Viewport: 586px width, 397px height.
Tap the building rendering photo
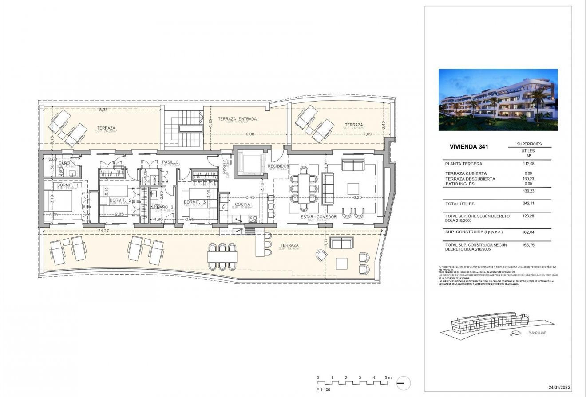tap(498, 99)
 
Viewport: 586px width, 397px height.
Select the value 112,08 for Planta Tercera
tap(528, 164)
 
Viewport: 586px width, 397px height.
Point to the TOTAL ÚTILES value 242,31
tap(528, 204)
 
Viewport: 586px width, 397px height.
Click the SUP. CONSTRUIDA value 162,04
tap(528, 232)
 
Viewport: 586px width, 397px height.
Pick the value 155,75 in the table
tap(528, 245)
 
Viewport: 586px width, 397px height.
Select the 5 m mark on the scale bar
tap(388, 377)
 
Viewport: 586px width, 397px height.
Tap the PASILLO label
tap(170, 162)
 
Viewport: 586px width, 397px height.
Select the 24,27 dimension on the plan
tap(104, 231)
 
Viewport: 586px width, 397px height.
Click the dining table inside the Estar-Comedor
tap(304, 189)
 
